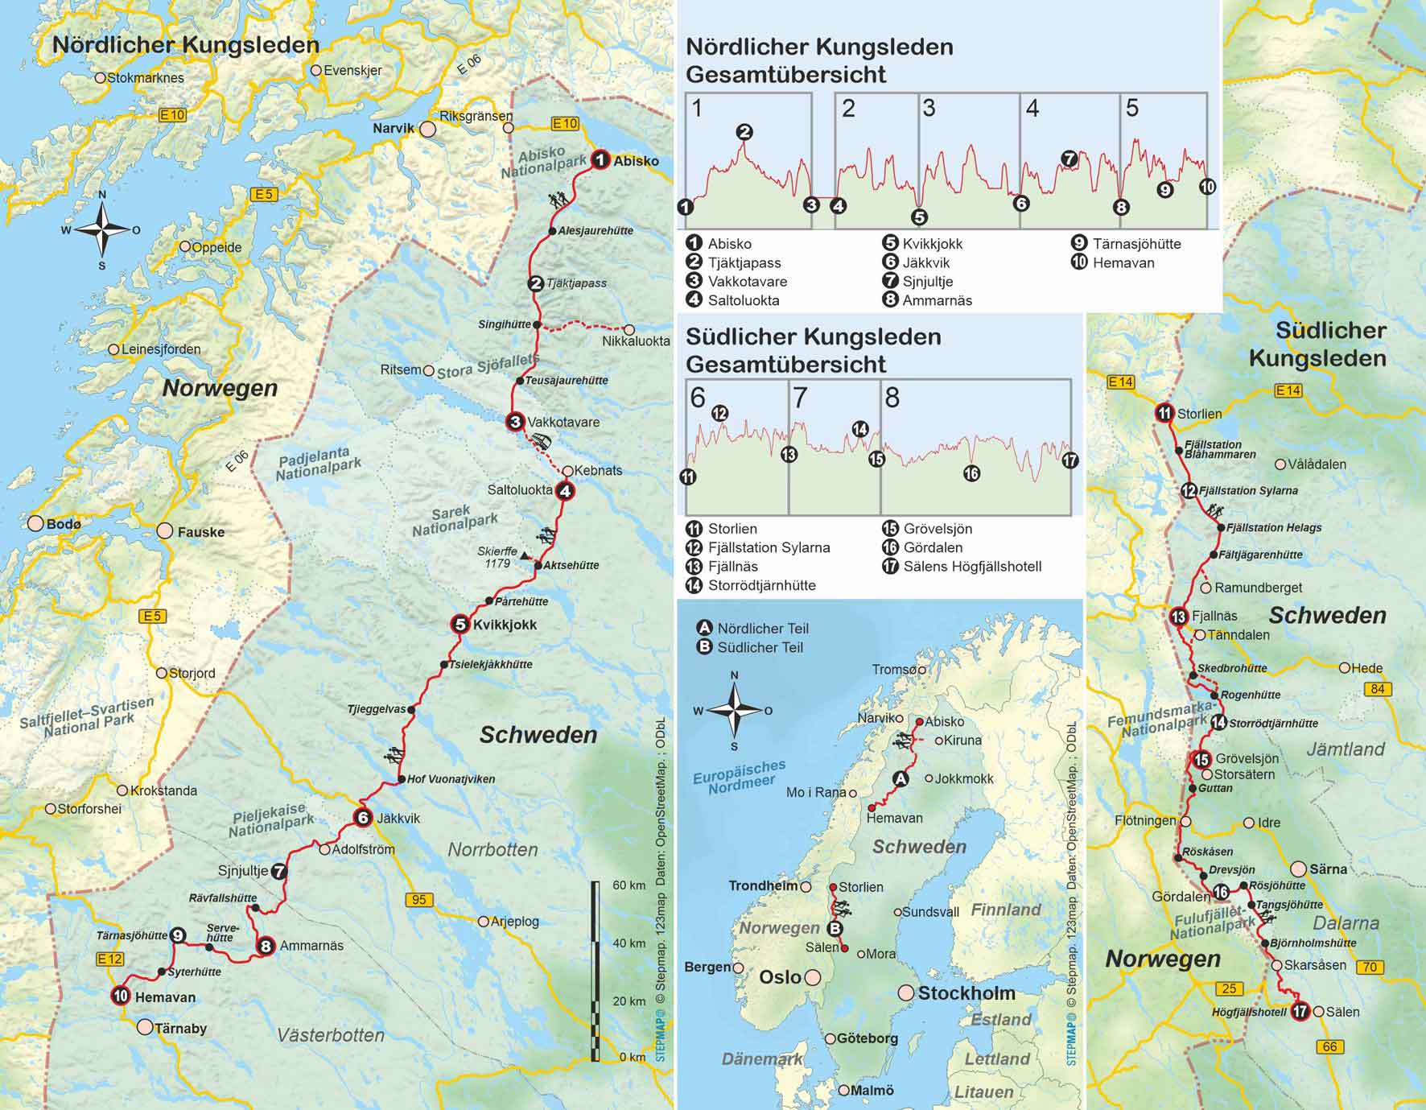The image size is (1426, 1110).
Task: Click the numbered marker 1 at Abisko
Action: pyautogui.click(x=600, y=160)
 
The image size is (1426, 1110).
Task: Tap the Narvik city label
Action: pyautogui.click(x=394, y=128)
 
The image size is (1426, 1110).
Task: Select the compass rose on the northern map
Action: pyautogui.click(x=102, y=229)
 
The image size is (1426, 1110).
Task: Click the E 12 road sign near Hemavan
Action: pyautogui.click(x=109, y=959)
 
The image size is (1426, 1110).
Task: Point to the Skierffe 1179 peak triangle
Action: pyautogui.click(x=524, y=555)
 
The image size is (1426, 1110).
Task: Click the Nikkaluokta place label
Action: pyautogui.click(x=636, y=341)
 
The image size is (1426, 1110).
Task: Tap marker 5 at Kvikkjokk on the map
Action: pyautogui.click(x=460, y=624)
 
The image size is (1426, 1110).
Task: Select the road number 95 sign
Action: pyautogui.click(x=418, y=900)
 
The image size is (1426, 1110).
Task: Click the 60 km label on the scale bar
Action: pyautogui.click(x=629, y=885)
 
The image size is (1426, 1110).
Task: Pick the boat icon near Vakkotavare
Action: pyautogui.click(x=542, y=442)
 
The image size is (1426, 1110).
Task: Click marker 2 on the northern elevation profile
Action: pyautogui.click(x=744, y=132)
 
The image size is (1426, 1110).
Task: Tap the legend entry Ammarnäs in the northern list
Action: pyautogui.click(x=937, y=300)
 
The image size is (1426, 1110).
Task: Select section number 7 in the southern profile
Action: pyautogui.click(x=800, y=398)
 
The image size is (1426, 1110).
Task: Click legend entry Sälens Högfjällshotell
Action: pyautogui.click(x=972, y=567)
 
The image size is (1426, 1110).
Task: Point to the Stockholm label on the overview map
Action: pyautogui.click(x=966, y=993)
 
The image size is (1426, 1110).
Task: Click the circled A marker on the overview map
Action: pyautogui.click(x=901, y=779)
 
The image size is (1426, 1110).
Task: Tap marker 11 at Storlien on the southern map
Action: pyautogui.click(x=1164, y=414)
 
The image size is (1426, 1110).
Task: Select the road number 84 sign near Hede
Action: pyautogui.click(x=1378, y=689)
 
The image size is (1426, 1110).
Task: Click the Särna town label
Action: pyautogui.click(x=1328, y=869)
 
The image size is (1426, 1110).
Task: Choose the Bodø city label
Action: pyautogui.click(x=64, y=524)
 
